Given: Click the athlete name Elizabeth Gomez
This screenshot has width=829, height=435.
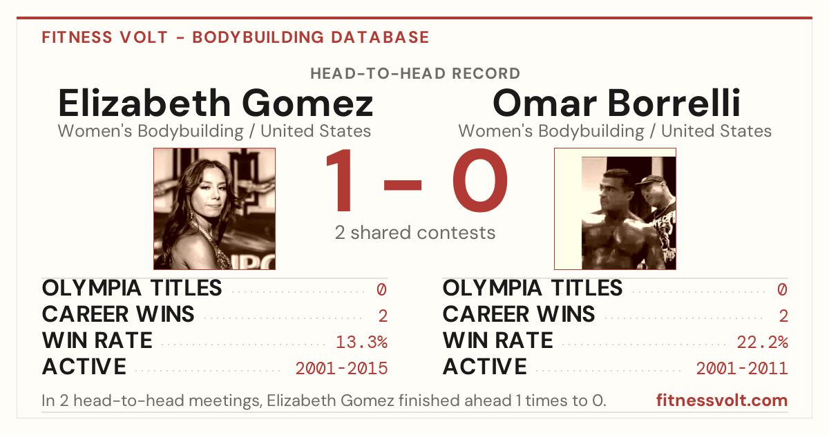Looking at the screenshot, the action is coord(216,103).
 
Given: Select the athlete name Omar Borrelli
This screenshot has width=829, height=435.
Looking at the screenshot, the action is coord(616,103).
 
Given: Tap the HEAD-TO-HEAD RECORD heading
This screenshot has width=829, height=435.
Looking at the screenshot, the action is coord(415,74).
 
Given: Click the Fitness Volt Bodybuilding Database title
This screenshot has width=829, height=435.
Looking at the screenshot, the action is coord(236,37).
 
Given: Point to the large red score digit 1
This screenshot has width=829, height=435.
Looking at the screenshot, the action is coord(340,180).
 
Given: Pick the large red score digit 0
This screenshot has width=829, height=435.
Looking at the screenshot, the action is coord(480,180).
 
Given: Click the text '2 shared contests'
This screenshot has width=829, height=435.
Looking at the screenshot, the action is coord(415,233).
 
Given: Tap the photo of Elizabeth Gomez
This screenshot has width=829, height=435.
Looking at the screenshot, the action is coord(214,209).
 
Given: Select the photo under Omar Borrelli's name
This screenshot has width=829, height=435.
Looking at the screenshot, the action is coord(615,209).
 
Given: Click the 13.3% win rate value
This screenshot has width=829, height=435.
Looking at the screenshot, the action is coord(361,342).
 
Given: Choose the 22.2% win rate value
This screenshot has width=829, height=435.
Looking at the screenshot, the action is coord(763,342).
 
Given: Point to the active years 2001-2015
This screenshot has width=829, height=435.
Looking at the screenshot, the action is coord(341,368).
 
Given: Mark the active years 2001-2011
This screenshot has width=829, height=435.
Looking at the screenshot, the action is coord(742,368).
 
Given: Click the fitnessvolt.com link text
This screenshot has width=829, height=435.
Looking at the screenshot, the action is coord(722,400).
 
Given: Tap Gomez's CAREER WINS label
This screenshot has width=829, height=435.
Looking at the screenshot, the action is coord(118,314).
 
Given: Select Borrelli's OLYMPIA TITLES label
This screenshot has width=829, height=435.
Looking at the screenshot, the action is coord(533,288).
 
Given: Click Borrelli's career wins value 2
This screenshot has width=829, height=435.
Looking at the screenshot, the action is coord(783,316).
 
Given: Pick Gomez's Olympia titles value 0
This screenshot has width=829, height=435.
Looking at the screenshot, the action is coord(381,289).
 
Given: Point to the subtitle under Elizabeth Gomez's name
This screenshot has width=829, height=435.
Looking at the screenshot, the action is coord(214,131).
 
